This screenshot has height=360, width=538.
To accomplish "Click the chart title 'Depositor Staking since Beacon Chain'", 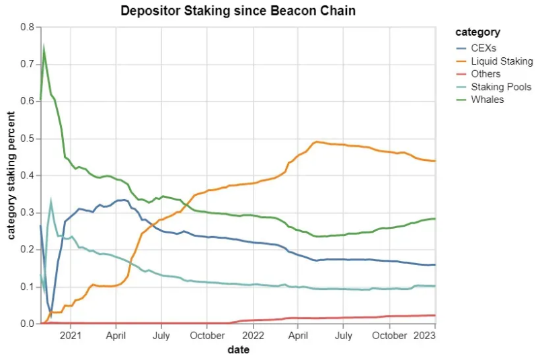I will click(x=238, y=11).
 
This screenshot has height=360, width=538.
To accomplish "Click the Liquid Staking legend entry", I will click(x=501, y=61).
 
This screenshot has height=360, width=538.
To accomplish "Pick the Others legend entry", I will click(x=486, y=74).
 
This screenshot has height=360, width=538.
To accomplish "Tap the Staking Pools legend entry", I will click(x=501, y=87).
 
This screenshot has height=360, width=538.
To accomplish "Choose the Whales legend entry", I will click(x=488, y=100).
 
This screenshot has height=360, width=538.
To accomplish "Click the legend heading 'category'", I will click(x=477, y=32).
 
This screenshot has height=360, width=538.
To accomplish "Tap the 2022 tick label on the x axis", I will click(x=253, y=335).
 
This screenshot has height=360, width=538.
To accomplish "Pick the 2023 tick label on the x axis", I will click(x=424, y=335).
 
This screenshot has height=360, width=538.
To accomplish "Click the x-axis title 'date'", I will click(x=238, y=349).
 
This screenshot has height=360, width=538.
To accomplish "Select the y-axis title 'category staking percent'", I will click(x=11, y=176).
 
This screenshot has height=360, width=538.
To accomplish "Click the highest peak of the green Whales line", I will click(x=44, y=47).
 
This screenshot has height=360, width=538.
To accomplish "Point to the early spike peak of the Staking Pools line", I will click(x=50, y=201).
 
